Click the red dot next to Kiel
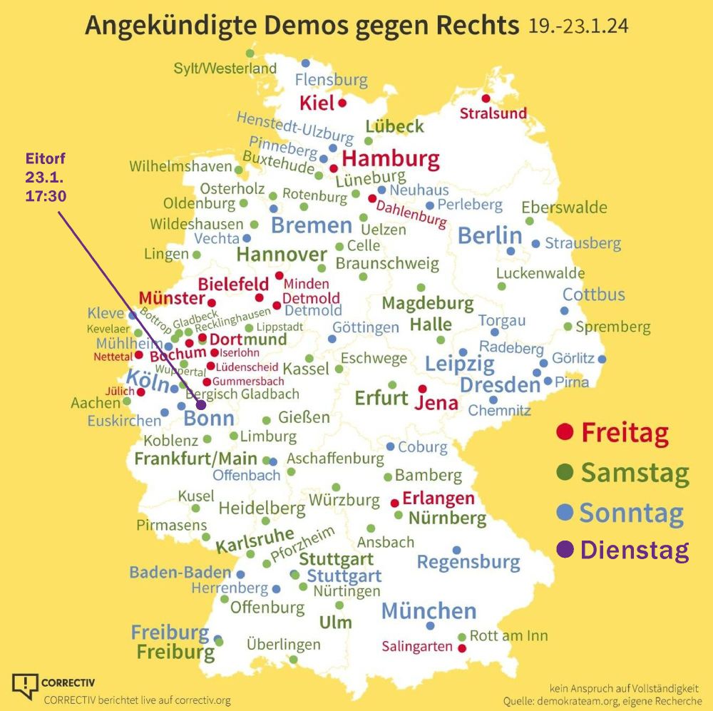pos(342,103)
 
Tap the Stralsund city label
pos(493,113)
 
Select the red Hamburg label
pos(391,158)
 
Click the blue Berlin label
pos(490,235)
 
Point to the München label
pos(429,611)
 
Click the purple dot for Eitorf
pos(201,405)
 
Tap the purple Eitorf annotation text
pos(46,176)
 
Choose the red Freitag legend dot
pos(565,431)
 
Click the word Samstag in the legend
pos(635,472)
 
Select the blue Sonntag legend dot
pos(565,512)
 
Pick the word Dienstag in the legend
pos(635,551)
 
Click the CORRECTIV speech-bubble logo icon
pos(25,685)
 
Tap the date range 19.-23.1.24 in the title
pos(578,26)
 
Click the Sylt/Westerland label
pos(225,68)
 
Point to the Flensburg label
pos(331,80)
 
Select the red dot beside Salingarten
pos(461,648)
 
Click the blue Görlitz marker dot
pos(602,359)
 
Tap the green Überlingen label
pos(284,645)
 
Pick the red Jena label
pos(436,403)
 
